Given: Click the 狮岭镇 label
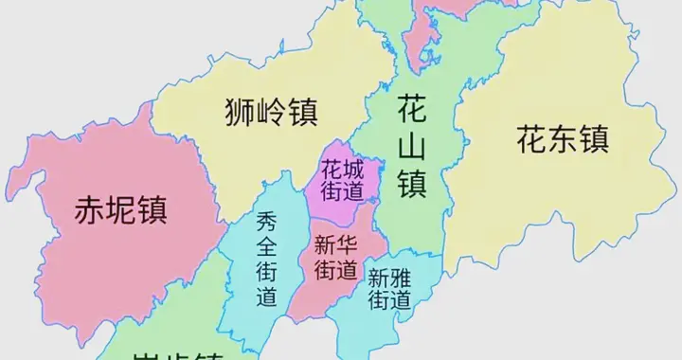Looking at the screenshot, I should point(272,113).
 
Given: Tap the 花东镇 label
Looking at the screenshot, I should point(562,140).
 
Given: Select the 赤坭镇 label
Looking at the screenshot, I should point(120,209).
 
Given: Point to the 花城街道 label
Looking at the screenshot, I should point(342,180).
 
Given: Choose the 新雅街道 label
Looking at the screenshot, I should point(389,290).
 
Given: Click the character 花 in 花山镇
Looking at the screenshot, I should point(412,108).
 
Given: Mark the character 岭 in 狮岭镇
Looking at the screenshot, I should point(272,113).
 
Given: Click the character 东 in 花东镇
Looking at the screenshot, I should point(562,140).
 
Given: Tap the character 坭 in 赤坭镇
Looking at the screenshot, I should point(120,209).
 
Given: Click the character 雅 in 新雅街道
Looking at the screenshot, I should point(401,279).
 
